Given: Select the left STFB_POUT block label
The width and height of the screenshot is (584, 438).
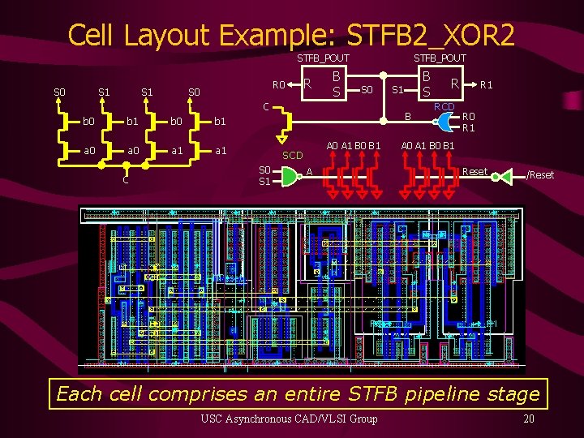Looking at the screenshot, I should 323,58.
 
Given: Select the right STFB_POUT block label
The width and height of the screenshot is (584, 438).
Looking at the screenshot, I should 440,58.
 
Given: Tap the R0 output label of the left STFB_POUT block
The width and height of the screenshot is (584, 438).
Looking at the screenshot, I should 278,84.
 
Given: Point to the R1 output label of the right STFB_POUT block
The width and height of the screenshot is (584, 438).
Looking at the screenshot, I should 487,84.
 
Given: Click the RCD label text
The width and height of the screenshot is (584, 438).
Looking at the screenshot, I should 444,106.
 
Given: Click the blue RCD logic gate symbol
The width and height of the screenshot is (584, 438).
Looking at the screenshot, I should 444,122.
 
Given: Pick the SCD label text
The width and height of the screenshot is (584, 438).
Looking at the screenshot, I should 292,155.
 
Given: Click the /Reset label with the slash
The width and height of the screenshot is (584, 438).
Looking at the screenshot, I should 540,175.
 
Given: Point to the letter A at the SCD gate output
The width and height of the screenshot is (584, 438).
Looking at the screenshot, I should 309,172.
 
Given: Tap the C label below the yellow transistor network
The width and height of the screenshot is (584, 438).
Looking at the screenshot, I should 125,180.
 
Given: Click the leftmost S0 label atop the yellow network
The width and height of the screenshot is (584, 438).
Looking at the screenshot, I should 59,92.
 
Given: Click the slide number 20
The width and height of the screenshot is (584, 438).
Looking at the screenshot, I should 528,419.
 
